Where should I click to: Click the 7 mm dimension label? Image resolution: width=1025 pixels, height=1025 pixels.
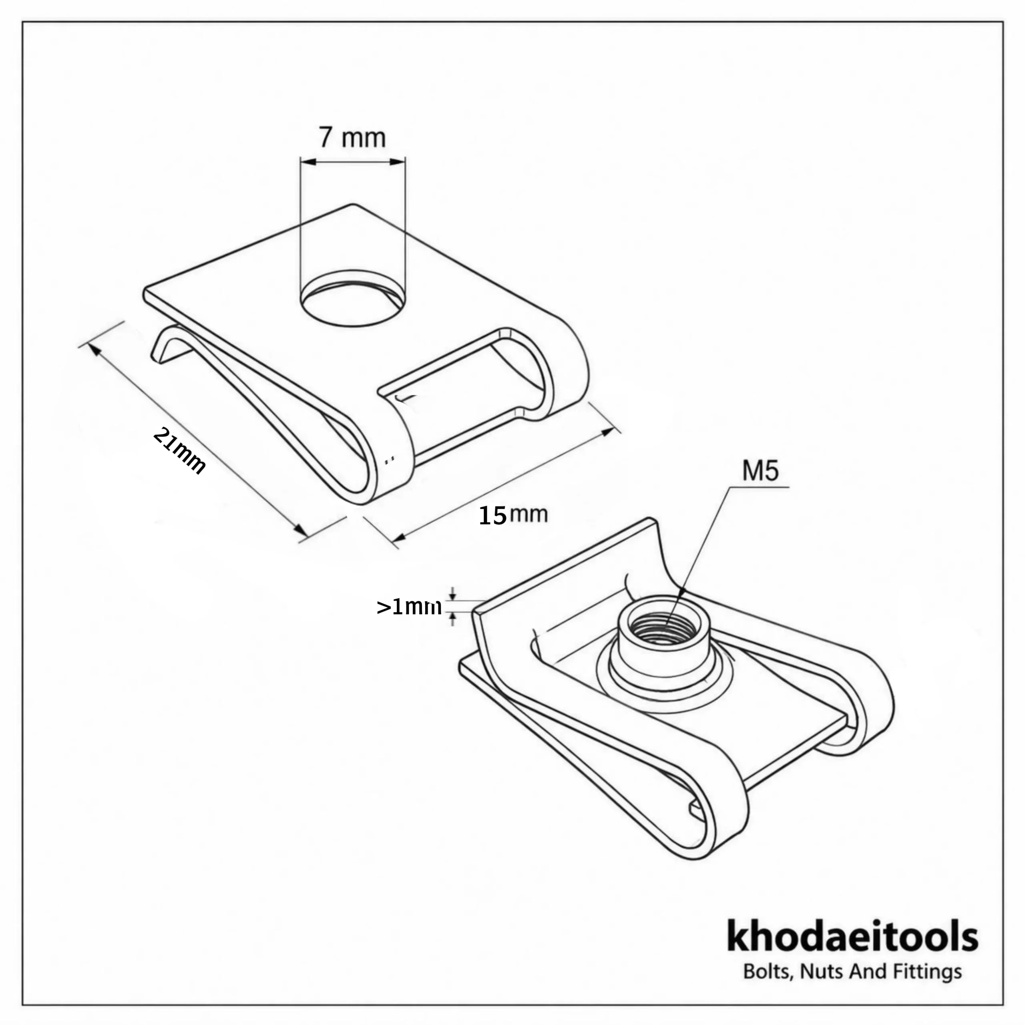click(352, 137)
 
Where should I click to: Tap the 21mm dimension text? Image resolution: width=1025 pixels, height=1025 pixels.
click(179, 450)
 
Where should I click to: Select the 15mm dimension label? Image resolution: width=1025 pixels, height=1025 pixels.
click(513, 515)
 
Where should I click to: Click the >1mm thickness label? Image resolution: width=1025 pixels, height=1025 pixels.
click(408, 607)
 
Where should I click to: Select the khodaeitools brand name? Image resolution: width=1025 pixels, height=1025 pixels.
click(852, 951)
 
